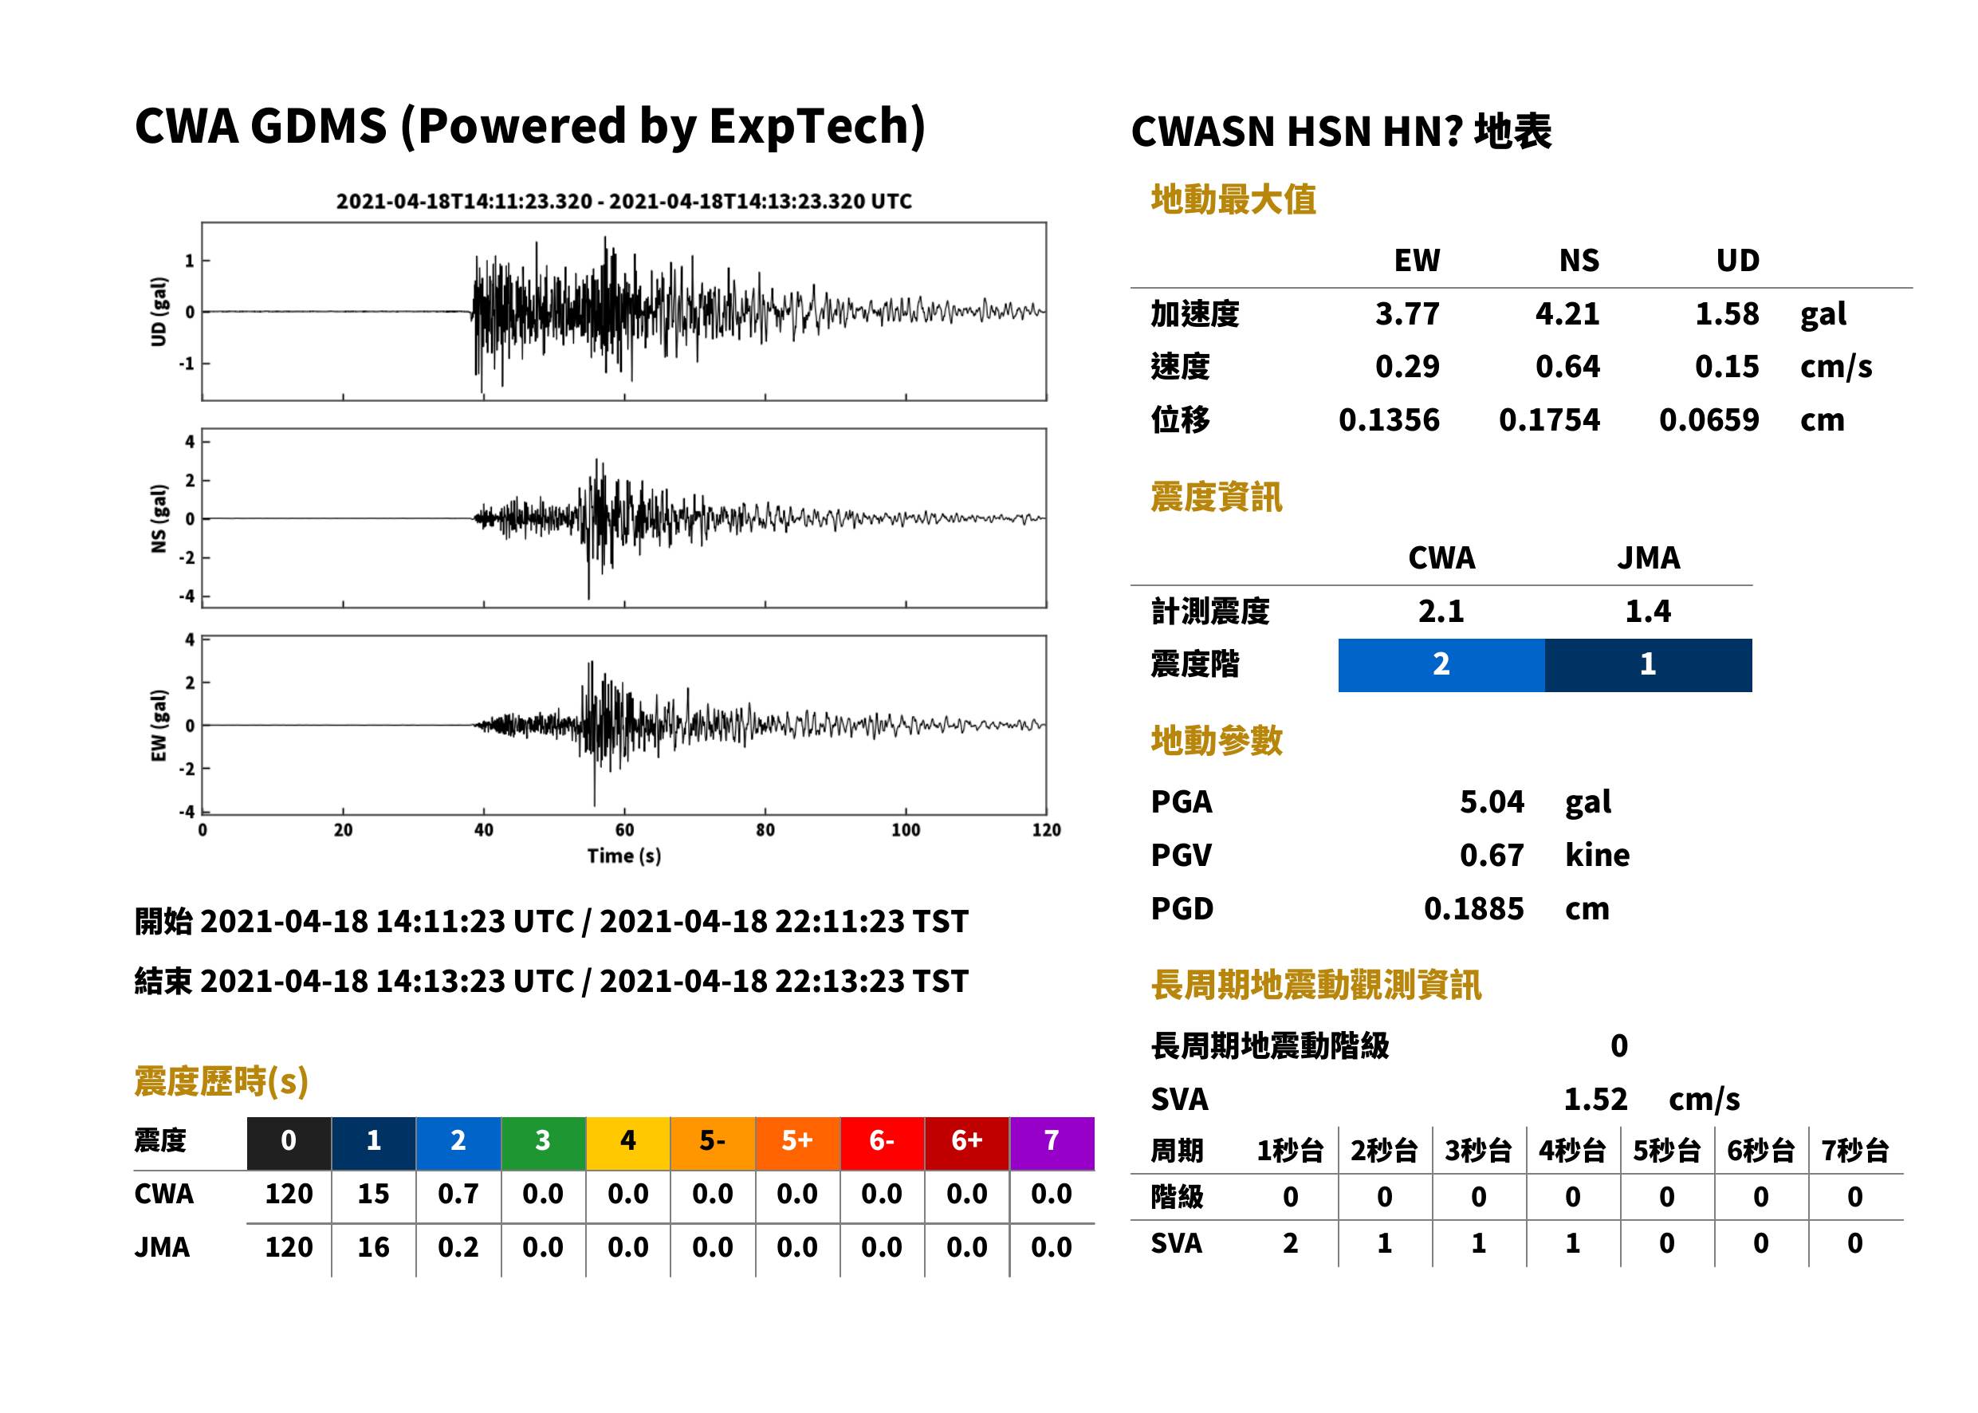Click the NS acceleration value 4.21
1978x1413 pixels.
click(x=1567, y=314)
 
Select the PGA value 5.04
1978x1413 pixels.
click(x=1492, y=801)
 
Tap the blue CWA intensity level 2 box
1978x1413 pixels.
click(x=1441, y=665)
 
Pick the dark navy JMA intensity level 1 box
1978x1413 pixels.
click(x=1649, y=665)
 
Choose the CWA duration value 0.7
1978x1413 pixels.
click(x=458, y=1194)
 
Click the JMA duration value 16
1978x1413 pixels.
click(x=373, y=1247)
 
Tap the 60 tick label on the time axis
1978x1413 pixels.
click(x=624, y=829)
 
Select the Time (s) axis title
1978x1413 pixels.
click(x=623, y=856)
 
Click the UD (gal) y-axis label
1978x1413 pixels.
click(x=159, y=312)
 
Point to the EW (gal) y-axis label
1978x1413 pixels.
click(x=159, y=726)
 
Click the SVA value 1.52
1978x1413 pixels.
click(x=1595, y=1099)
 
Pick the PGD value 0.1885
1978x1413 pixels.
click(x=1473, y=908)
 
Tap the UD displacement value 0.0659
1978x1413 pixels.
click(x=1709, y=420)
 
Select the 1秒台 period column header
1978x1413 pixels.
click(x=1291, y=1151)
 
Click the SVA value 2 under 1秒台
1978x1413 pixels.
click(x=1291, y=1243)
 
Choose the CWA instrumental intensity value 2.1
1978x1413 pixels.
click(x=1441, y=612)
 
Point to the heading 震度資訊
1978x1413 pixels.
click(x=1216, y=498)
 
